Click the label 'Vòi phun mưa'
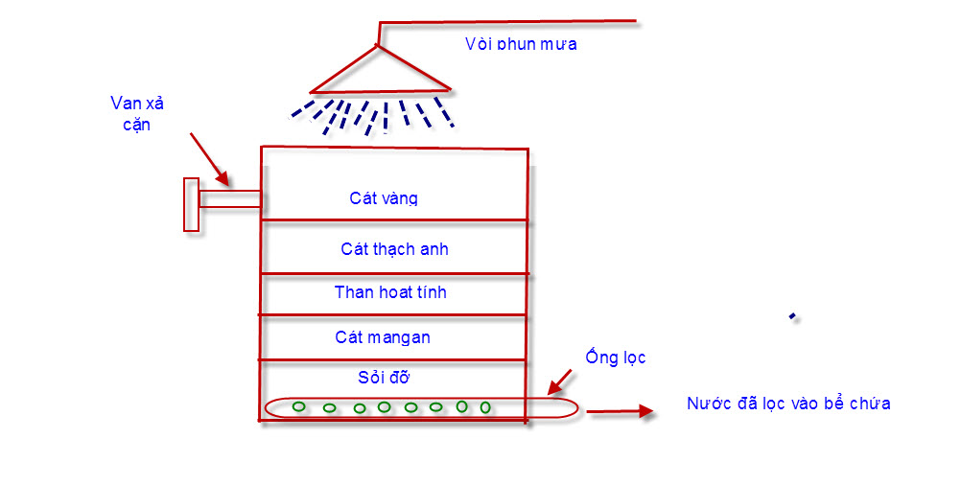click(521, 44)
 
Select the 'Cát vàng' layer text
click(384, 198)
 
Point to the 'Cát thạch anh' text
click(394, 249)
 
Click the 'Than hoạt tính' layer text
click(390, 292)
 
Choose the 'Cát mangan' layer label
click(383, 337)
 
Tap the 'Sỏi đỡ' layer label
click(385, 377)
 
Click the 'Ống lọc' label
click(616, 358)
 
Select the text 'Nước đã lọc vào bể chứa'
click(788, 404)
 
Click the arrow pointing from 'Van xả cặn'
click(210, 159)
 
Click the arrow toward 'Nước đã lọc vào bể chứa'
click(620, 412)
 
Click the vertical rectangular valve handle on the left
click(191, 204)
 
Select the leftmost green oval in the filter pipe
click(299, 407)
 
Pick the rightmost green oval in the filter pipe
click(485, 407)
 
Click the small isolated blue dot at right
click(792, 316)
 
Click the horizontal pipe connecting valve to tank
click(229, 199)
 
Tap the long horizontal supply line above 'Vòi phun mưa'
click(508, 20)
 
